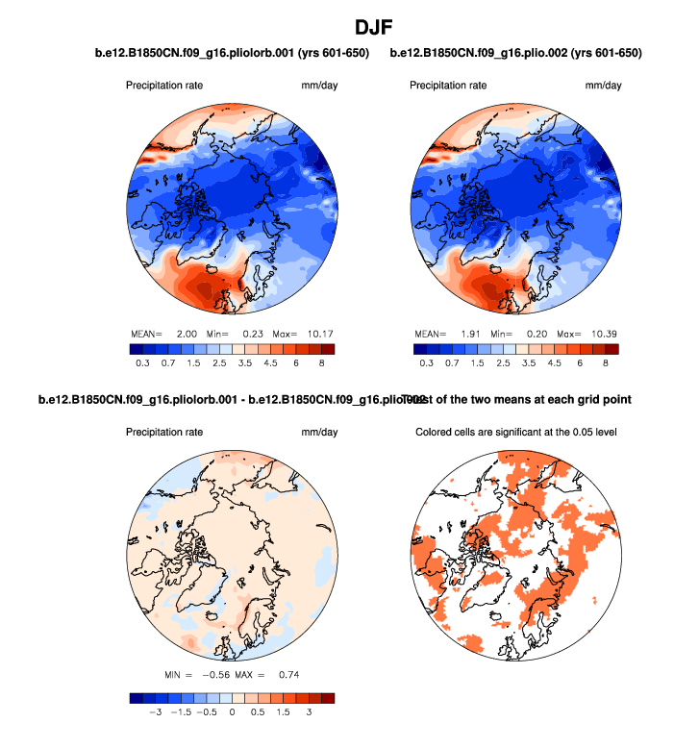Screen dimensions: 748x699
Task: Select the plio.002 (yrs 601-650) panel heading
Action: point(515,53)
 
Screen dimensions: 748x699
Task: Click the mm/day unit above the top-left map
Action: point(319,87)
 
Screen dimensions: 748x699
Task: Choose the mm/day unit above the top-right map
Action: point(603,87)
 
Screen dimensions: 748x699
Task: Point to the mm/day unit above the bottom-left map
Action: point(319,433)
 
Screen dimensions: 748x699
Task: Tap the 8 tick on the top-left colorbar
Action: point(321,364)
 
